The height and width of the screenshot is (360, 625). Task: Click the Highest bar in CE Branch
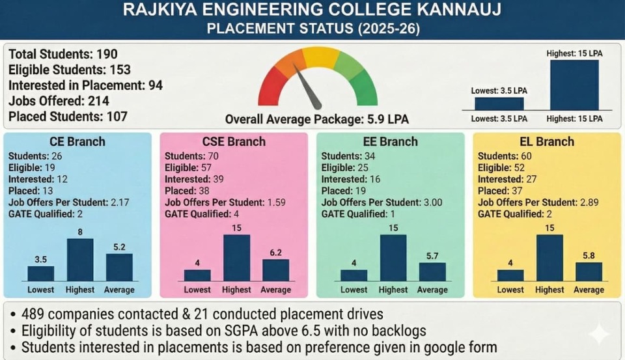point(80,260)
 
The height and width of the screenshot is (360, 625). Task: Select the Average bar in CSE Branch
point(275,270)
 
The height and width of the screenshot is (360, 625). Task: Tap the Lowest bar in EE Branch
point(354,275)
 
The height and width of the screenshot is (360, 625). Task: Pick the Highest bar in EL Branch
point(549,258)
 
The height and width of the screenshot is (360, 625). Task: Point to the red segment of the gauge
point(270,90)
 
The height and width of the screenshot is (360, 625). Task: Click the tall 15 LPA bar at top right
point(574,85)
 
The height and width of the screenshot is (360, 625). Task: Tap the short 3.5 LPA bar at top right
point(499,104)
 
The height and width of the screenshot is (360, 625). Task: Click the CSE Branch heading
point(234,141)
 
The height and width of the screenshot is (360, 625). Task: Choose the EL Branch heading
point(547,141)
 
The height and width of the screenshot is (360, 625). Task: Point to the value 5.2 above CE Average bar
point(119,247)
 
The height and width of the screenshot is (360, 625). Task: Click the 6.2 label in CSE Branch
point(275,253)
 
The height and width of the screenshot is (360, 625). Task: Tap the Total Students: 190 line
point(63,54)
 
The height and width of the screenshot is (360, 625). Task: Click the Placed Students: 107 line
point(68,117)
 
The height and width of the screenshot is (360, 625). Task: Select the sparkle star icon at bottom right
point(598,335)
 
